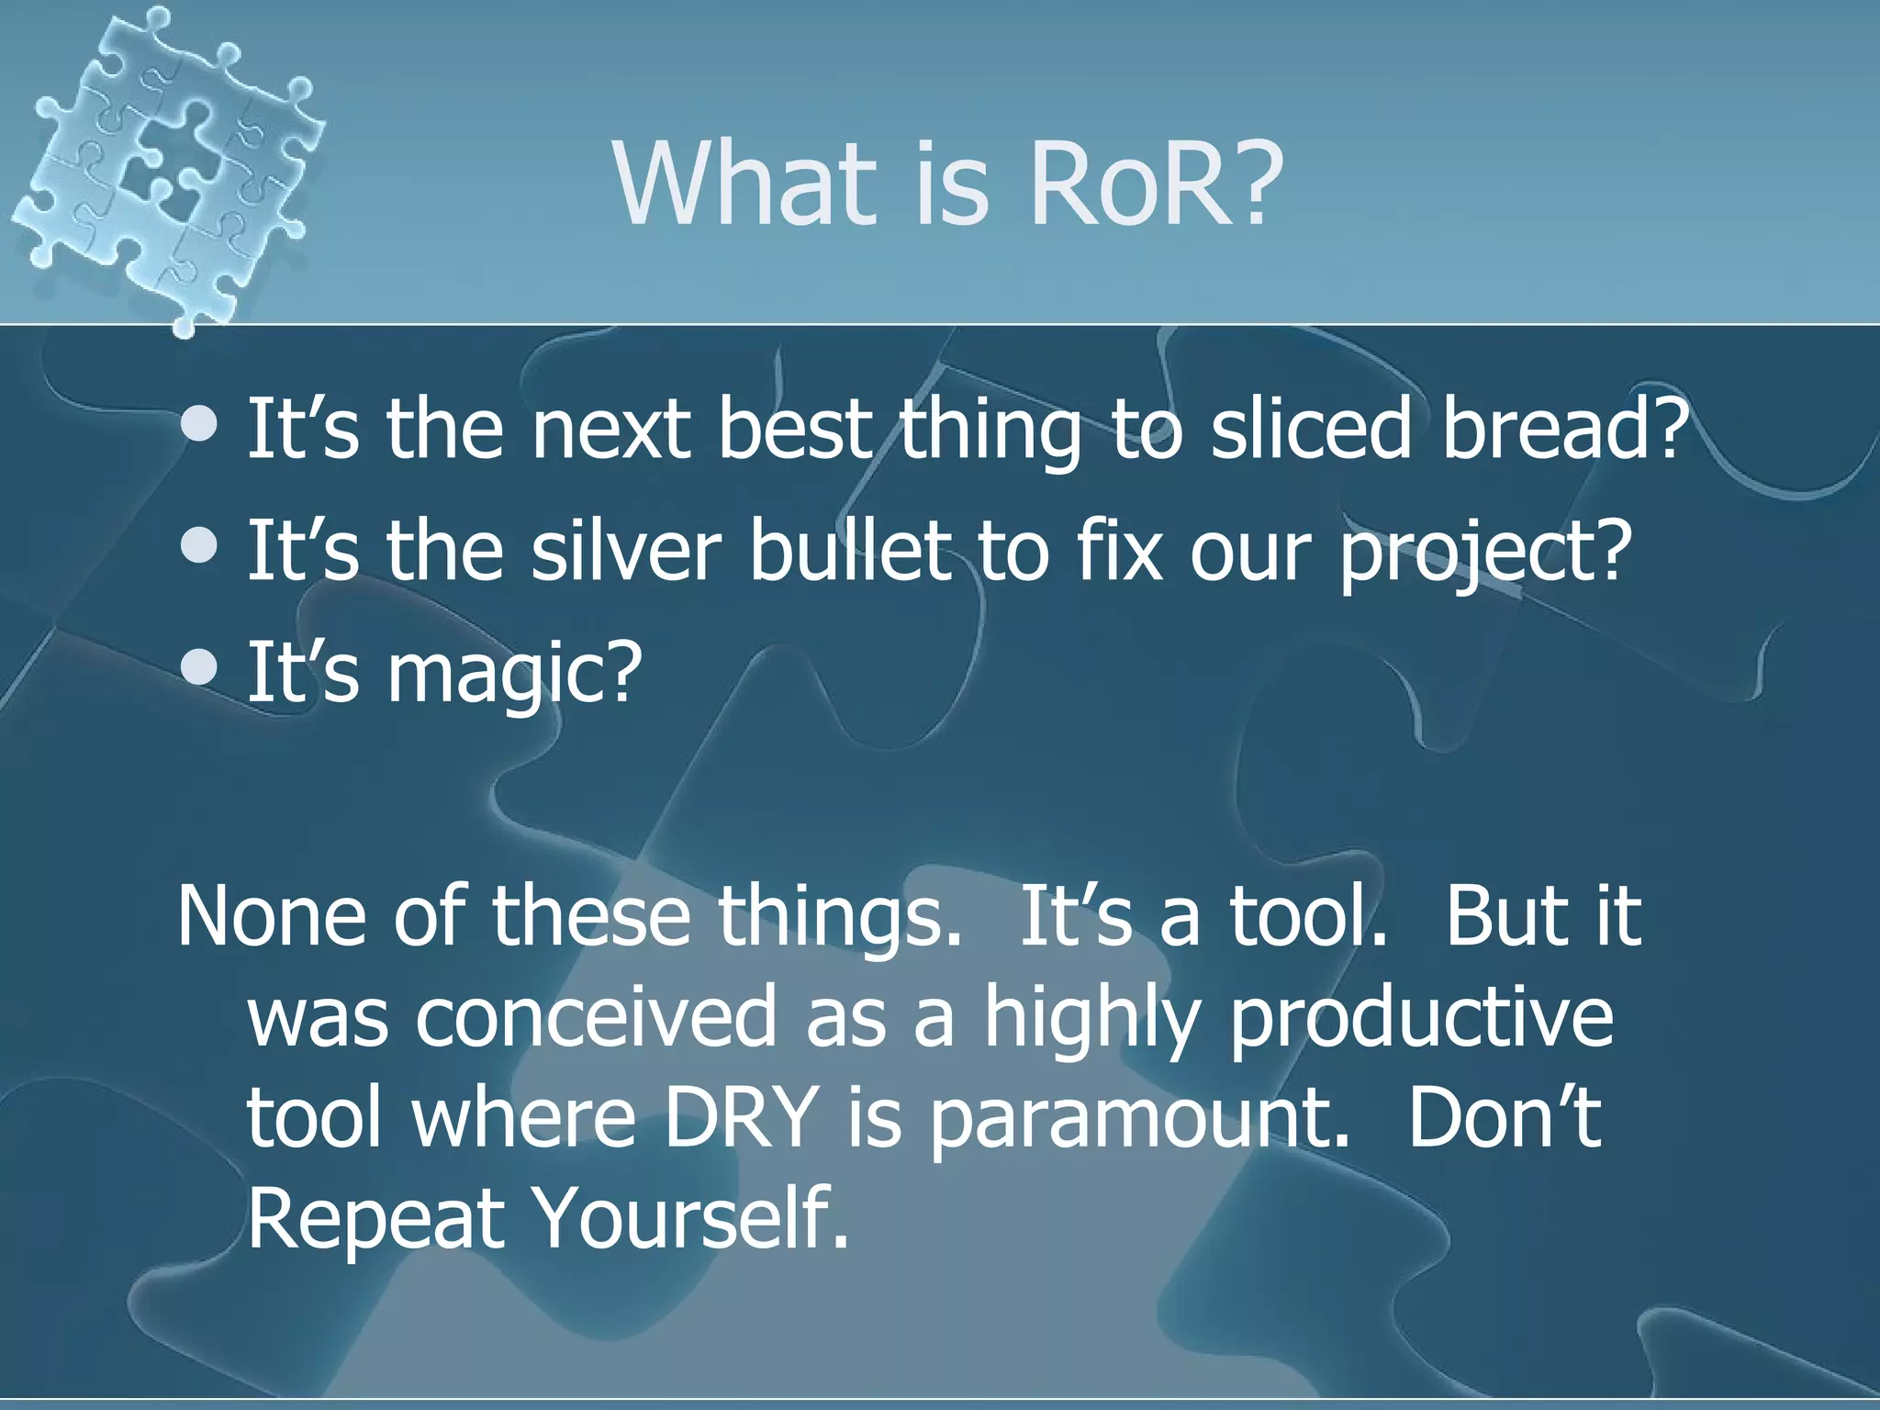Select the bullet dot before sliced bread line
click(x=199, y=424)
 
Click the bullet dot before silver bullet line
click(x=199, y=547)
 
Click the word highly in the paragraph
click(x=1092, y=1019)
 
